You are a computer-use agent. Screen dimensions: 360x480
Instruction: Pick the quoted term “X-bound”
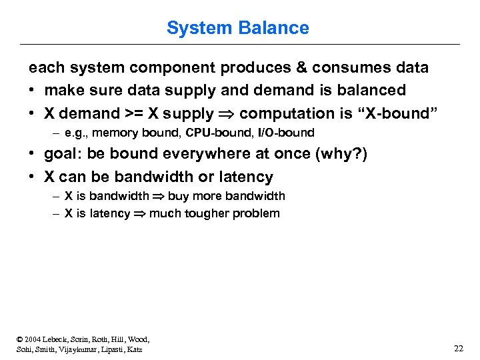pos(399,113)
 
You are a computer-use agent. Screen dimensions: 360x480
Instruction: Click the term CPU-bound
pos(219,132)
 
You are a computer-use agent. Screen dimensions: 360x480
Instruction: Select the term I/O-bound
pos(286,132)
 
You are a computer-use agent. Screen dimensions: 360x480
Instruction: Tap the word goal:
pos(63,154)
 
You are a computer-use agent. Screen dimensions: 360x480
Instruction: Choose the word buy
pos(179,196)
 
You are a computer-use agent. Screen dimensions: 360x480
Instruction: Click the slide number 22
pos(458,348)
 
